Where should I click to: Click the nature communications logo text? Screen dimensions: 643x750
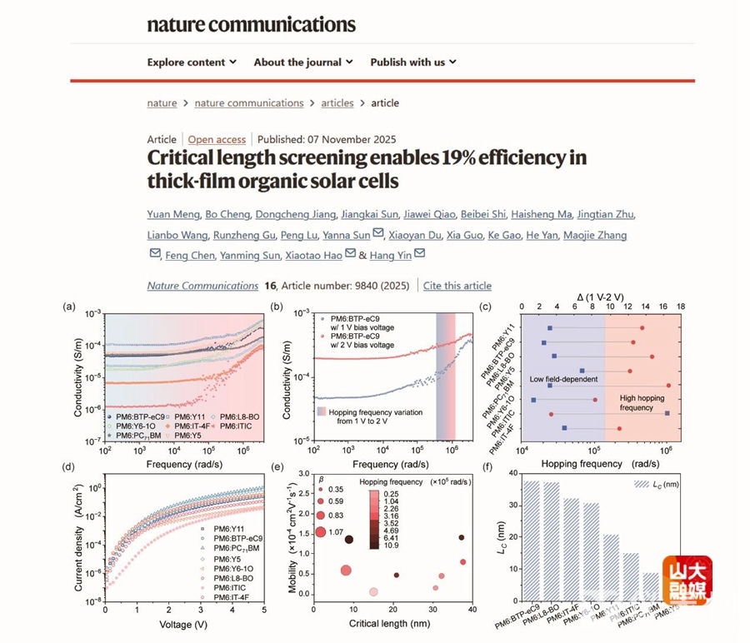(251, 24)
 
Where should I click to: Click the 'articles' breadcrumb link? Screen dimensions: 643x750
(337, 103)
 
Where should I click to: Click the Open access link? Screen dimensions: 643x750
(217, 139)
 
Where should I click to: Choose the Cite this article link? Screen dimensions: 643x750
(457, 286)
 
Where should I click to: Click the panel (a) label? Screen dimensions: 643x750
(70, 307)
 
